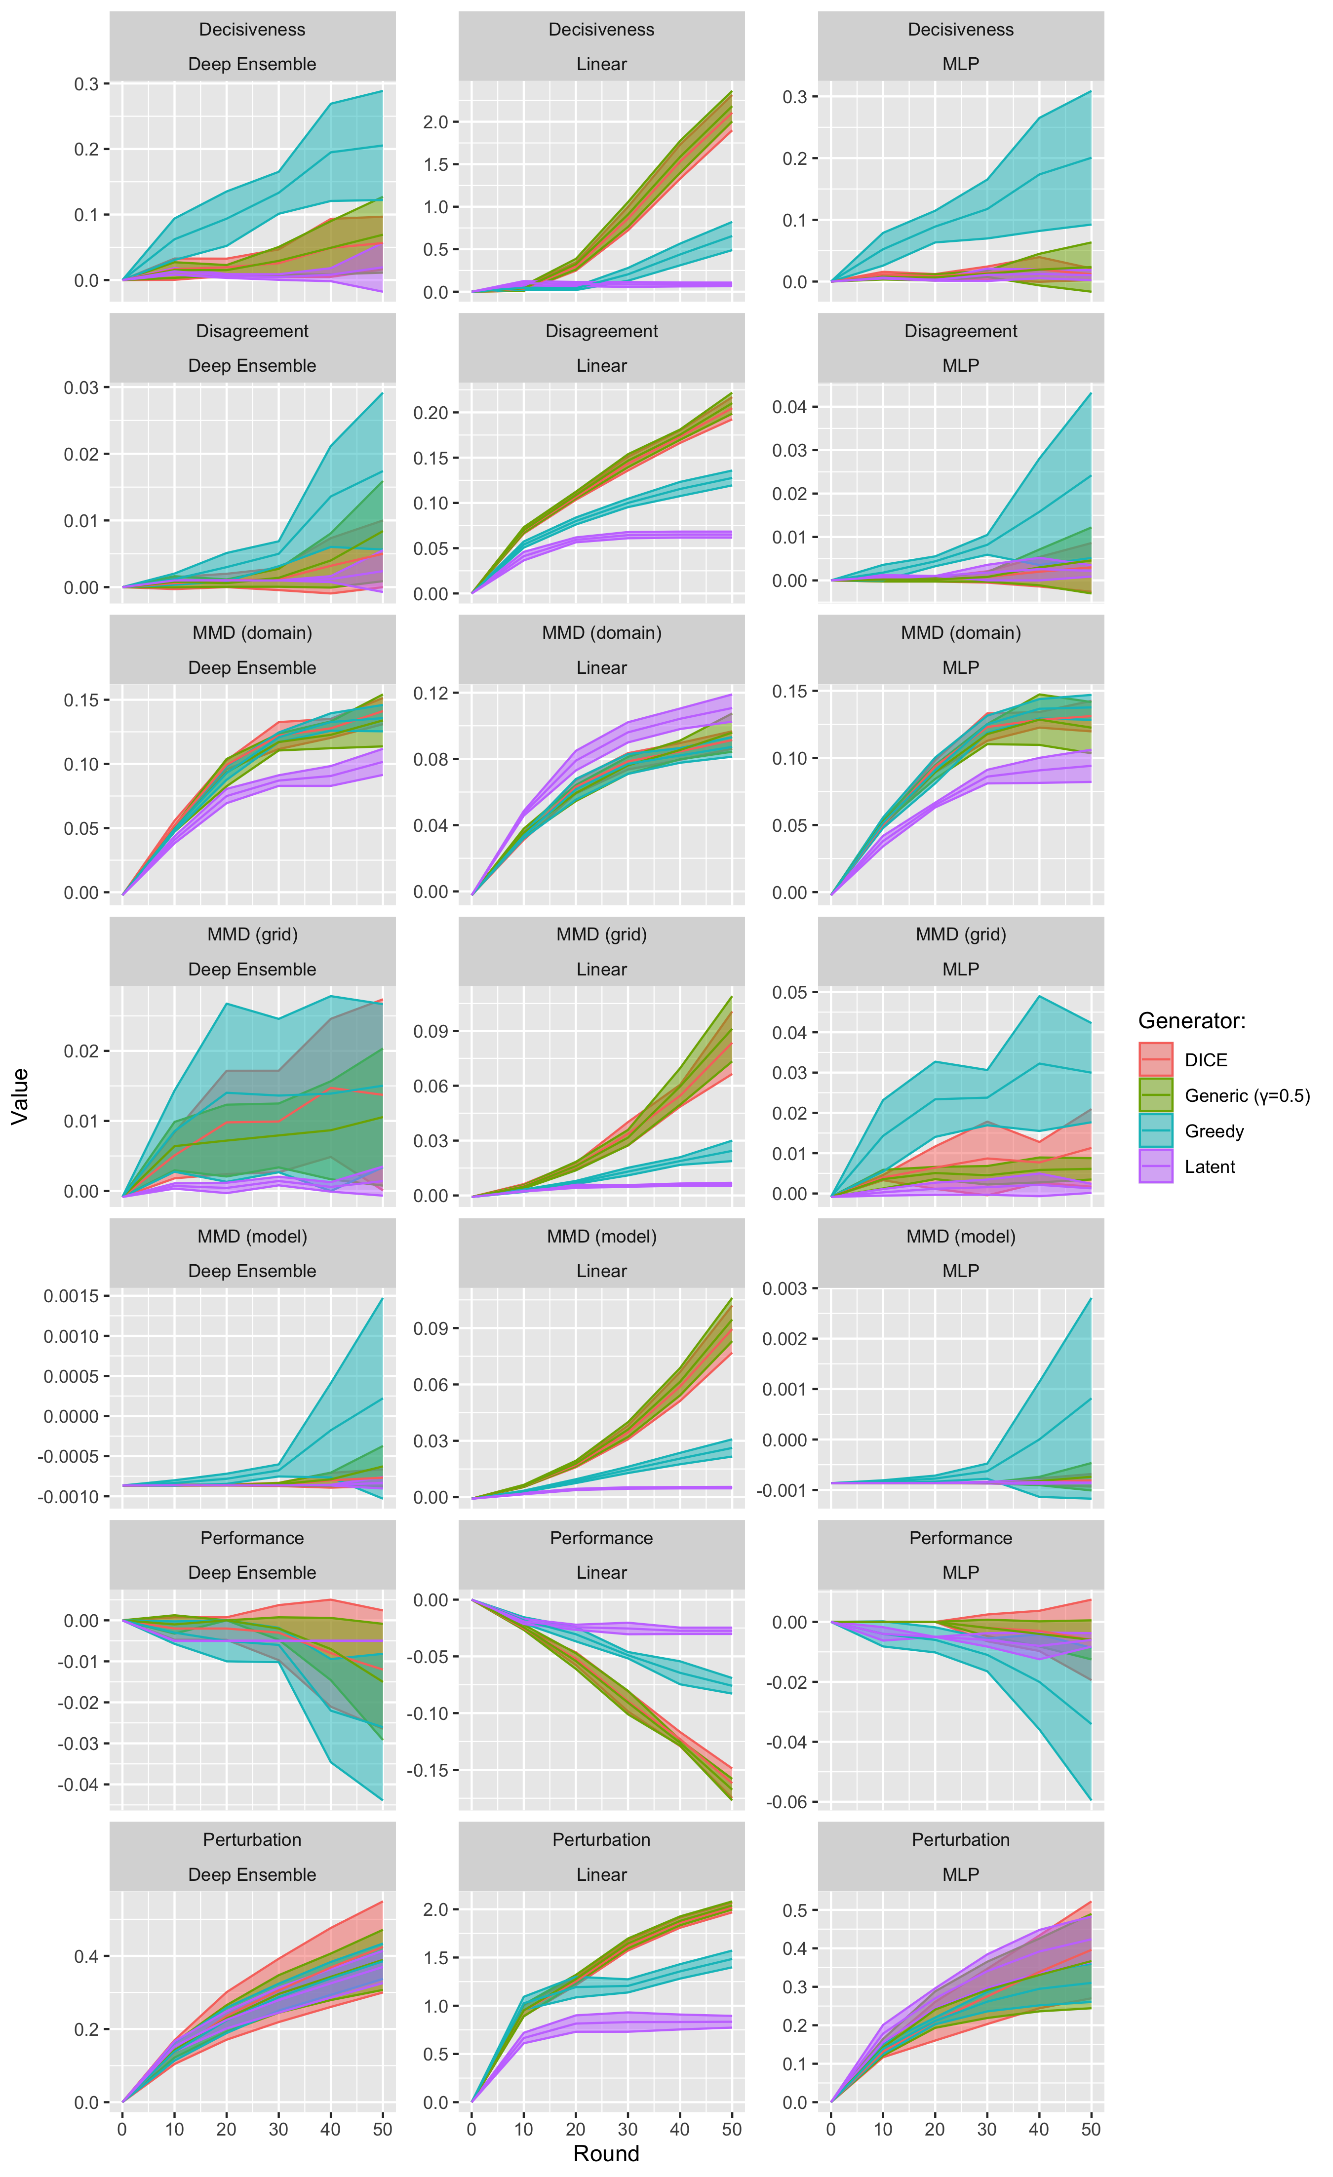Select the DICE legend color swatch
click(1155, 1059)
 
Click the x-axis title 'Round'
click(606, 2153)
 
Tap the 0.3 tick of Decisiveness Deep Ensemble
click(86, 84)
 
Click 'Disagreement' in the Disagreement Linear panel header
click(601, 331)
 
